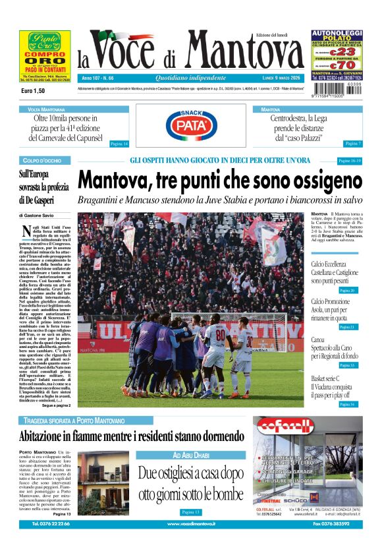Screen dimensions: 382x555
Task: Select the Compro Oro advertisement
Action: click(41, 57)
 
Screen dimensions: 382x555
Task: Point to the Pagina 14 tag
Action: click(119, 144)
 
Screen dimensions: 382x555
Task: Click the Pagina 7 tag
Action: click(352, 144)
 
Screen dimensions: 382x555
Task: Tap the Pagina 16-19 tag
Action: click(350, 161)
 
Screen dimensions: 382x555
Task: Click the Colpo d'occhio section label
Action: click(41, 161)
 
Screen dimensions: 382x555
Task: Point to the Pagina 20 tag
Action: click(348, 290)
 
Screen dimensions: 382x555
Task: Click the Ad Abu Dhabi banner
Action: click(190, 455)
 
